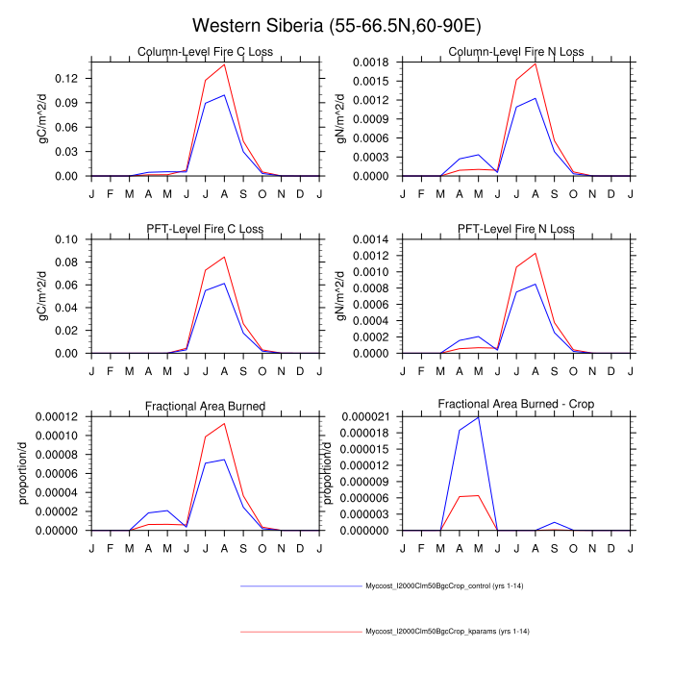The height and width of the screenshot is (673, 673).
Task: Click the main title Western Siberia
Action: tap(336, 25)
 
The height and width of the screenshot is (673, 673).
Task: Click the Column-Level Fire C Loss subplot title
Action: tap(205, 52)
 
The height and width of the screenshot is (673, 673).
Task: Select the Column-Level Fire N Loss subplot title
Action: tap(516, 52)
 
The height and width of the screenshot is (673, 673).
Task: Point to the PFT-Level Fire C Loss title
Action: tap(205, 229)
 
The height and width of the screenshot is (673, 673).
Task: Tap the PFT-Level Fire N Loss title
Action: tap(516, 229)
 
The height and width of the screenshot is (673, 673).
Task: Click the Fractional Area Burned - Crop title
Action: tap(516, 405)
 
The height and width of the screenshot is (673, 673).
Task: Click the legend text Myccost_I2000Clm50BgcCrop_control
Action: tap(444, 586)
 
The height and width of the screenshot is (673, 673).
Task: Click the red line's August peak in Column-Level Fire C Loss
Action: tap(224, 64)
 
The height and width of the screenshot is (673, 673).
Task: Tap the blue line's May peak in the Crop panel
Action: tap(478, 416)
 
